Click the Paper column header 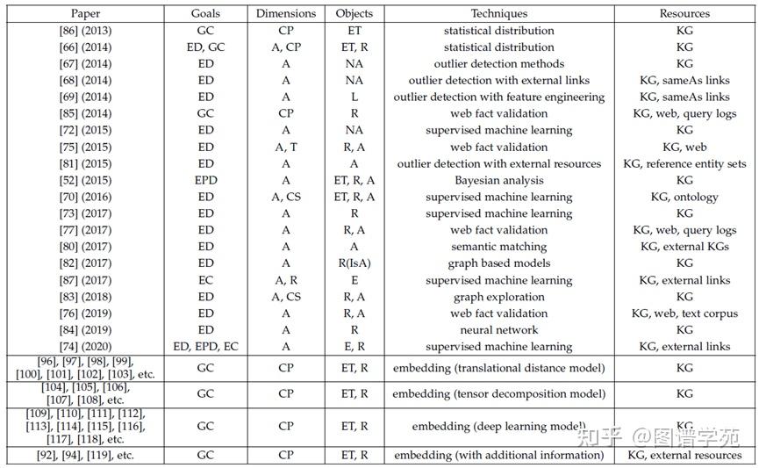[85, 14]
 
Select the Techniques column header [498, 14]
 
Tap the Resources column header [684, 14]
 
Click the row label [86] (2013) [85, 31]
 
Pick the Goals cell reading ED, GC [205, 47]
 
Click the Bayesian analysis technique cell [498, 180]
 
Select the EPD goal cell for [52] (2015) [205, 180]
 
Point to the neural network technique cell [498, 330]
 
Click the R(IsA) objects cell [354, 263]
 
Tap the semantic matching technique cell [498, 247]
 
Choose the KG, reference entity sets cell [684, 163]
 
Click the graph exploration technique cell [498, 297]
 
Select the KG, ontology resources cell [684, 197]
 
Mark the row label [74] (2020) [85, 347]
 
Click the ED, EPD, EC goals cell [205, 347]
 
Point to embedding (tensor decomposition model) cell [498, 394]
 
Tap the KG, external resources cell [684, 456]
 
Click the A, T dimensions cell [286, 147]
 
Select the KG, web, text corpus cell [684, 313]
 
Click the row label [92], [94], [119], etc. [85, 456]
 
